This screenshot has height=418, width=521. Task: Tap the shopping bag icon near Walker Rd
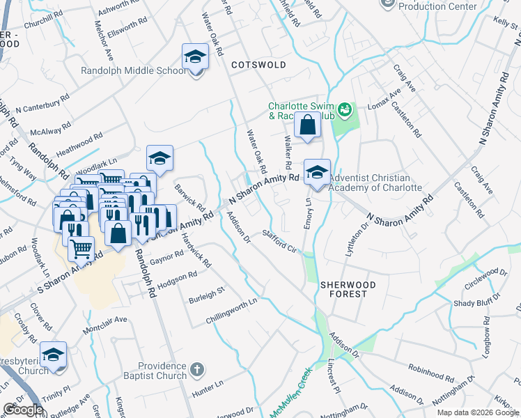tap(306, 126)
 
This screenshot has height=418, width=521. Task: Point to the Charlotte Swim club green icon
tap(344, 110)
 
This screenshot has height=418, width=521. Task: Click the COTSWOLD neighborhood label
tap(258, 65)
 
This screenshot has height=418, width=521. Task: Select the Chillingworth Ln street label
tap(231, 311)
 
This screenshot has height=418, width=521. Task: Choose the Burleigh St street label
tap(207, 295)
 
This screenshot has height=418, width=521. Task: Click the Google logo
tap(24, 409)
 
